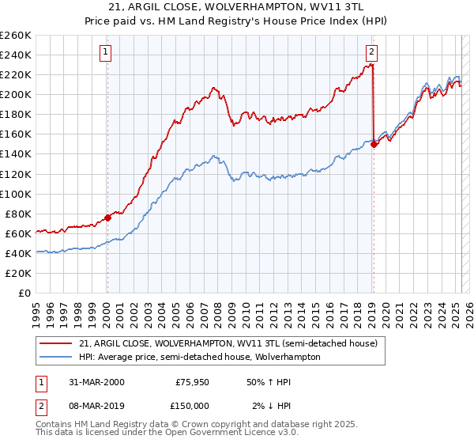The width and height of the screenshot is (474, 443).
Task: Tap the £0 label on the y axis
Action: click(24, 293)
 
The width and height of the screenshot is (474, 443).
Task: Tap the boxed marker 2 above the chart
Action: click(371, 53)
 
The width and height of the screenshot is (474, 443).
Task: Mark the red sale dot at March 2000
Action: click(108, 218)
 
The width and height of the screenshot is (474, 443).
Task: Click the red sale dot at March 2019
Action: click(374, 144)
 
